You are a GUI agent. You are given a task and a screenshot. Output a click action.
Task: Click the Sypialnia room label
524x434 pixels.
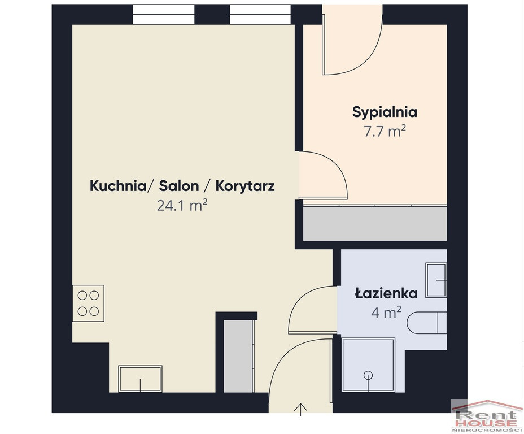pyautogui.click(x=385, y=112)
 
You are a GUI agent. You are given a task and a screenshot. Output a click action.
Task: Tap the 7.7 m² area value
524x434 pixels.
pyautogui.click(x=385, y=131)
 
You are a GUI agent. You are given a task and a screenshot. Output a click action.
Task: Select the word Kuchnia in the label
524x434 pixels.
pyautogui.click(x=117, y=186)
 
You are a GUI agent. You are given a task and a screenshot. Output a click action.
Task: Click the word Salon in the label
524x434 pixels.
pyautogui.click(x=179, y=186)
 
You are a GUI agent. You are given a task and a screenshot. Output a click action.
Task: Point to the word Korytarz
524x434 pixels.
pyautogui.click(x=245, y=186)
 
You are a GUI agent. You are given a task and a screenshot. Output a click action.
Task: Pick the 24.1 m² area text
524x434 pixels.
pyautogui.click(x=182, y=205)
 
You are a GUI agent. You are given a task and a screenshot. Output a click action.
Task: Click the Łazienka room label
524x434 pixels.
pyautogui.click(x=386, y=293)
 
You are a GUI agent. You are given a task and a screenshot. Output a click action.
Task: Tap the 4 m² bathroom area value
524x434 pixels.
pyautogui.click(x=386, y=313)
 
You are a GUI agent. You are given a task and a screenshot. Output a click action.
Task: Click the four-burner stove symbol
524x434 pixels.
pyautogui.click(x=88, y=303)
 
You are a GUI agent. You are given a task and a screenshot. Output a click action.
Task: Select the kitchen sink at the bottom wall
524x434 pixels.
pyautogui.click(x=141, y=379)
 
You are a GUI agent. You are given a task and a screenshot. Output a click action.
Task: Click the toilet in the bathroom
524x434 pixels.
pyautogui.click(x=427, y=323)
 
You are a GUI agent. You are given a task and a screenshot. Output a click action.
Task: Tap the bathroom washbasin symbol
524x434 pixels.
pyautogui.click(x=436, y=280)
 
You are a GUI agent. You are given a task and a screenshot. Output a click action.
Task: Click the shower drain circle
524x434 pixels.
pyautogui.click(x=368, y=375)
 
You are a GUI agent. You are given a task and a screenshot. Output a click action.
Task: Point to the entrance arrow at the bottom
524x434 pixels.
pyautogui.click(x=301, y=410)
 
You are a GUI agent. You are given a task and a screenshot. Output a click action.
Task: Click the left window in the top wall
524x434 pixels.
pyautogui.click(x=163, y=14)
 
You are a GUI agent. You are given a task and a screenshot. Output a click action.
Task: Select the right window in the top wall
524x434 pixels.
pyautogui.click(x=260, y=14)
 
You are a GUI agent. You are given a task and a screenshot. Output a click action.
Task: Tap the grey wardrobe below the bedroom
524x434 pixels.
pyautogui.click(x=375, y=223)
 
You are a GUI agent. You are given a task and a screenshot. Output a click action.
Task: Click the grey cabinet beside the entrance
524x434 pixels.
pyautogui.click(x=238, y=356)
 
